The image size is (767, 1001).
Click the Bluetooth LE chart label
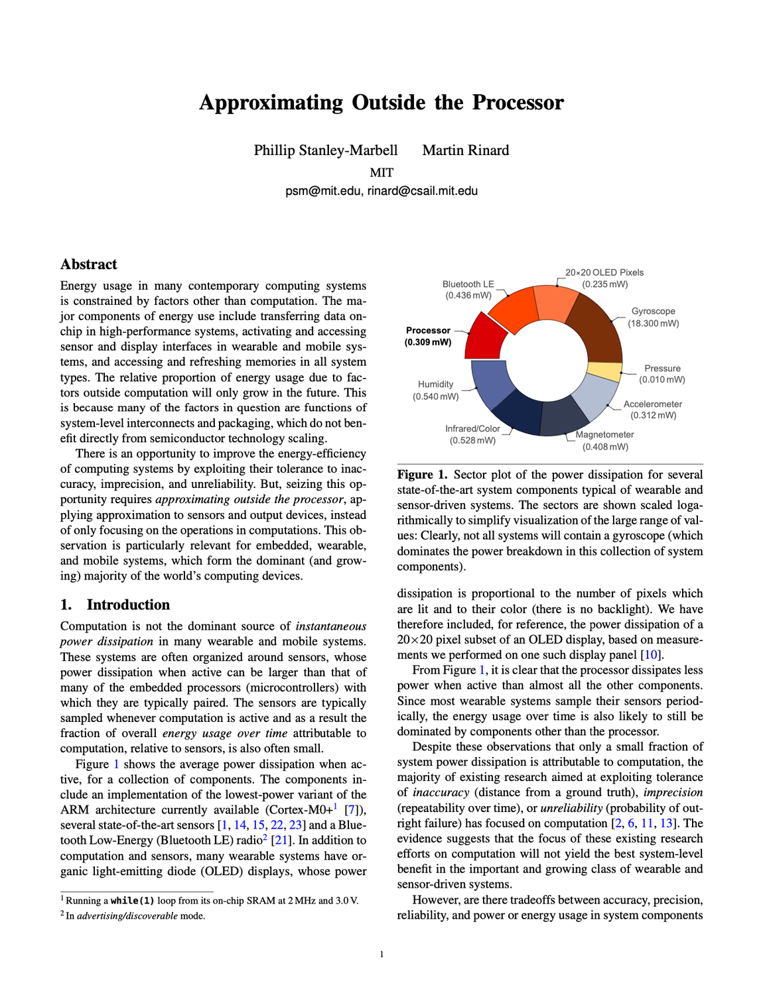coord(468,284)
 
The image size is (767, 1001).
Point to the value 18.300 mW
coord(654,324)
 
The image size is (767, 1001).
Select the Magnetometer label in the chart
coord(604,435)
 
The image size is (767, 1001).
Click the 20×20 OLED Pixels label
coord(604,272)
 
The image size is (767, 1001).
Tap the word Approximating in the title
coord(271,103)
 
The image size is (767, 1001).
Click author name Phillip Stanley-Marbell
coord(326,150)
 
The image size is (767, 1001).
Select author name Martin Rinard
coord(466,150)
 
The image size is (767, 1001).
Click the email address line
coord(382,191)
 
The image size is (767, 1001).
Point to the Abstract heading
coord(88,265)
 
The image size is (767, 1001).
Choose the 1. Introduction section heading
coord(115,605)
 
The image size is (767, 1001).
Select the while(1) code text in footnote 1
coord(132,901)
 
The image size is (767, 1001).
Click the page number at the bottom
coord(382,955)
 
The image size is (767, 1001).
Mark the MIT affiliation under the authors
coord(382,172)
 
